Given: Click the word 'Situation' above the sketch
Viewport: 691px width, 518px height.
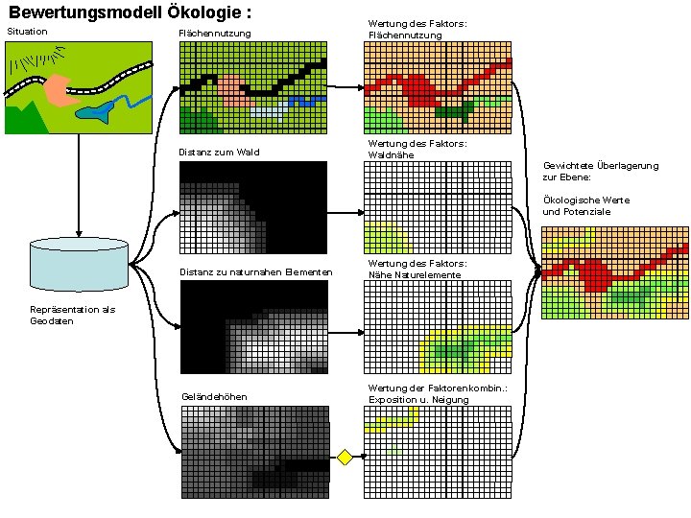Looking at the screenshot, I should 27,33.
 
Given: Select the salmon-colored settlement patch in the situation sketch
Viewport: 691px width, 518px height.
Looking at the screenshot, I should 61,90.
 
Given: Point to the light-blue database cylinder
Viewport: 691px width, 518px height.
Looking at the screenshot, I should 79,264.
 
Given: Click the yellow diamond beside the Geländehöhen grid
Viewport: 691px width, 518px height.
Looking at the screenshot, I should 345,457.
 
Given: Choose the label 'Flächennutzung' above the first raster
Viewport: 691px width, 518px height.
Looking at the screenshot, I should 215,35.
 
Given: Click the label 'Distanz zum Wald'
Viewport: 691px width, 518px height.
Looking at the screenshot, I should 219,153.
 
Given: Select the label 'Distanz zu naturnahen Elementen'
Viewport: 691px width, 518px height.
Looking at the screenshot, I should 256,273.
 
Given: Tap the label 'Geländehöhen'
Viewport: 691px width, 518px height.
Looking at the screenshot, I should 214,397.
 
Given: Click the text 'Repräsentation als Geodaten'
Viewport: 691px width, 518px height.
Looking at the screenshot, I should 73,316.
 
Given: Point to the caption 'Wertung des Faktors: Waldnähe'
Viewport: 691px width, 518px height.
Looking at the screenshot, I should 417,149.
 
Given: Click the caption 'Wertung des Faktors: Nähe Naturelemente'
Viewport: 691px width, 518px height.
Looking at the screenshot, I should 417,269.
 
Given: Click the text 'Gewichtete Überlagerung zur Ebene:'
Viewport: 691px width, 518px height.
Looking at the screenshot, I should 601,171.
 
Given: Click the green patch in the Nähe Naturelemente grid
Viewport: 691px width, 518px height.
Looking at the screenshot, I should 451,350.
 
